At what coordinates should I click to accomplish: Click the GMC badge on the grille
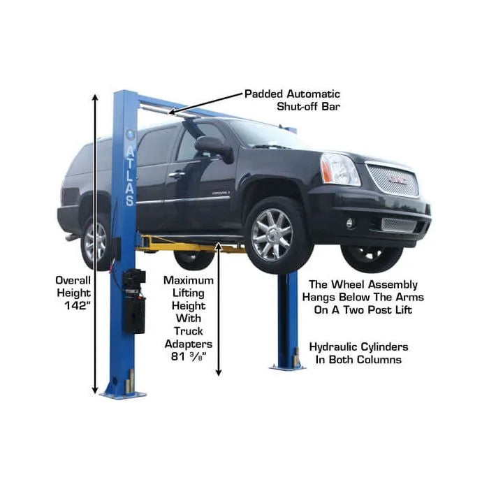click(x=397, y=180)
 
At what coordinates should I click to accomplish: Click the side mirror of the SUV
click(x=214, y=148)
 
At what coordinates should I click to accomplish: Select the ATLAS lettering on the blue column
click(x=131, y=176)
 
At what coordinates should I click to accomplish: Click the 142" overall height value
click(x=77, y=306)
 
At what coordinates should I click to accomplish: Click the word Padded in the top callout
click(x=263, y=94)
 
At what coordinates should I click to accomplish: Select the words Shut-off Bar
click(x=308, y=107)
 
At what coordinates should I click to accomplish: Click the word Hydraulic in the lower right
click(x=333, y=347)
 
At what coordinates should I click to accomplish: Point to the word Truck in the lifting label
click(x=189, y=331)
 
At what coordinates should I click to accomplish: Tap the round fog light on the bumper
click(x=350, y=223)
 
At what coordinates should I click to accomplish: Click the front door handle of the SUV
click(x=177, y=175)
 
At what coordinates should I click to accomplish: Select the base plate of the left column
click(x=123, y=395)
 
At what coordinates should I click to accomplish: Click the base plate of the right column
click(x=287, y=367)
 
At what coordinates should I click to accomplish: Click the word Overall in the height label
click(x=73, y=280)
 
